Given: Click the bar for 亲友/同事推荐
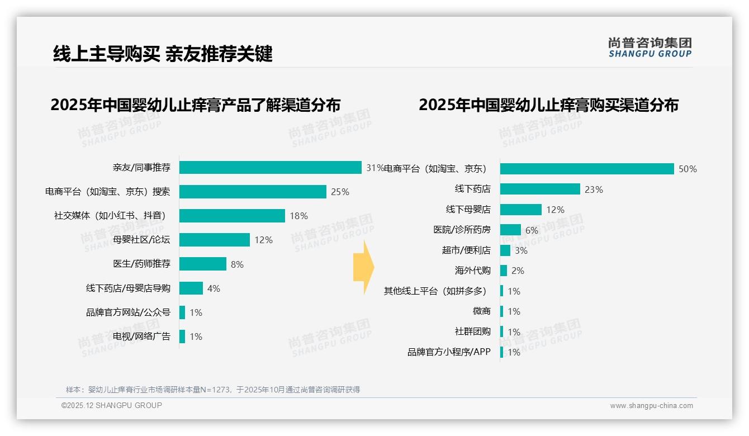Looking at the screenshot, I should click(271, 168).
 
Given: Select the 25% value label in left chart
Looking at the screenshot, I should click(340, 192).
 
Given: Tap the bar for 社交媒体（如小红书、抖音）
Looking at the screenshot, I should click(232, 216).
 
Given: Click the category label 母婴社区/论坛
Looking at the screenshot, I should click(141, 240).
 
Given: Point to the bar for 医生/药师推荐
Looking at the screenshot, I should click(203, 264).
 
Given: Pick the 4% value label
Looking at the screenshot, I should click(214, 288).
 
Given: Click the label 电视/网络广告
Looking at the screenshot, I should click(141, 337).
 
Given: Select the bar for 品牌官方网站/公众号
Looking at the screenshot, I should click(182, 312).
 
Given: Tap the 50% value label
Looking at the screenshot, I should click(688, 169).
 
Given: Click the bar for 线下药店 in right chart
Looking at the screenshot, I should click(540, 189).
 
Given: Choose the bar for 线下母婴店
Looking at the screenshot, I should click(521, 210).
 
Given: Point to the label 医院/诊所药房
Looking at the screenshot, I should click(462, 230).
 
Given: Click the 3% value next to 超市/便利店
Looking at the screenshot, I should click(521, 250).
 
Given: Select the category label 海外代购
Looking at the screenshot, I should click(472, 271).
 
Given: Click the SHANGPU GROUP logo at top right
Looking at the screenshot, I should click(650, 48).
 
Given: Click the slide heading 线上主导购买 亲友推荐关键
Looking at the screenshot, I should click(163, 54).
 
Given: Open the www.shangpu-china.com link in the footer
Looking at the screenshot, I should click(651, 406).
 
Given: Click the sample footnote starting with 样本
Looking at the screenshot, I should click(213, 390).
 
